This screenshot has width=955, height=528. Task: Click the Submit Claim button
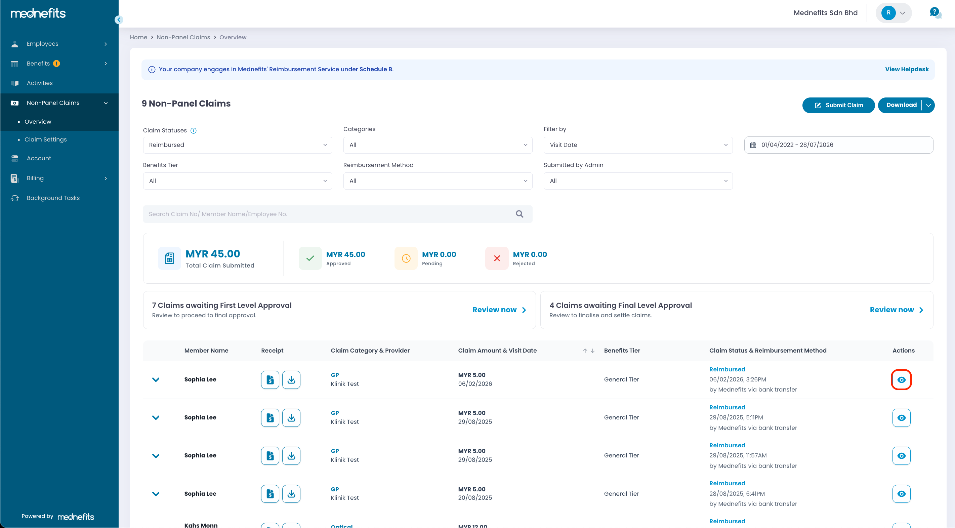tap(838, 105)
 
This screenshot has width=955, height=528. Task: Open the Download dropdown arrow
tap(928, 105)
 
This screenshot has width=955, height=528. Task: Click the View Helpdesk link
tap(907, 69)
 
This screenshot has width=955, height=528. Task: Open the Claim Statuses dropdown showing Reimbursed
tap(237, 145)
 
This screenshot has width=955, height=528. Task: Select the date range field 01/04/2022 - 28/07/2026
tap(839, 145)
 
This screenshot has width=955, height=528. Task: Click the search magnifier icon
tap(520, 214)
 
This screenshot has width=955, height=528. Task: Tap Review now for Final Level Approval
tap(897, 310)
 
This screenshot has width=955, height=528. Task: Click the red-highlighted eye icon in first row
tap(901, 380)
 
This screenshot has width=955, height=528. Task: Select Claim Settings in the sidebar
tap(46, 139)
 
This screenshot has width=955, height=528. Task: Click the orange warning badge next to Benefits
tap(56, 64)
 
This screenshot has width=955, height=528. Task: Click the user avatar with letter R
tap(888, 13)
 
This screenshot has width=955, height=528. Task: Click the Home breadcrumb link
tap(139, 37)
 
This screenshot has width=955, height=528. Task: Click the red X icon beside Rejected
tap(497, 258)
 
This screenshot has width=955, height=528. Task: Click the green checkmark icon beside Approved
tap(310, 258)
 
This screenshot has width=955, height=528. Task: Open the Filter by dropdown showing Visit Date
tap(638, 145)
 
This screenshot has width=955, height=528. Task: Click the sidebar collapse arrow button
tap(119, 19)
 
